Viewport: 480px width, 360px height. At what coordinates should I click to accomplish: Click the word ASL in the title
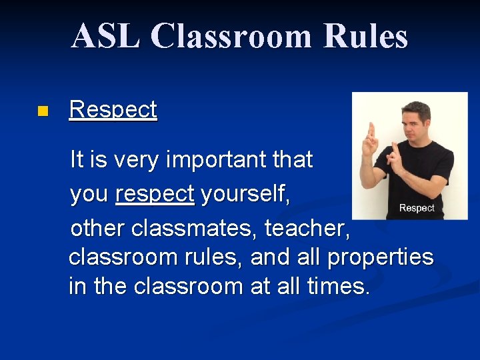coord(105,36)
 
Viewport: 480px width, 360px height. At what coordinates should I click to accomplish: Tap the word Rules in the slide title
coord(365,36)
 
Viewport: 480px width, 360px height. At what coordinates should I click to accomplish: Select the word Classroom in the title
coord(231,36)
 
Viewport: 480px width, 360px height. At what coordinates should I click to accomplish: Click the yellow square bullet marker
coord(43,111)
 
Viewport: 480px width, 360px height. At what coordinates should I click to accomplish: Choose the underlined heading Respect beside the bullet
coord(113,109)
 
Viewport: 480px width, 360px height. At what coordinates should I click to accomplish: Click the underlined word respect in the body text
coord(155,194)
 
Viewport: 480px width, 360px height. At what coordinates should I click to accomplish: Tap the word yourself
coord(245,194)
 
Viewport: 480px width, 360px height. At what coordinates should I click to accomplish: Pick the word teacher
coord(307,229)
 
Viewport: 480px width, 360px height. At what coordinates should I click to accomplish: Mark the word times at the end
coord(338,287)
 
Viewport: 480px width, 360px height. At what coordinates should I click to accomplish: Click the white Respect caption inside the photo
coord(416,208)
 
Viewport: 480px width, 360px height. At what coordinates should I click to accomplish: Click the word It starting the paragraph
coord(77,160)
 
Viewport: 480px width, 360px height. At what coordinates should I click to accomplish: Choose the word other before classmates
coord(98,229)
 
